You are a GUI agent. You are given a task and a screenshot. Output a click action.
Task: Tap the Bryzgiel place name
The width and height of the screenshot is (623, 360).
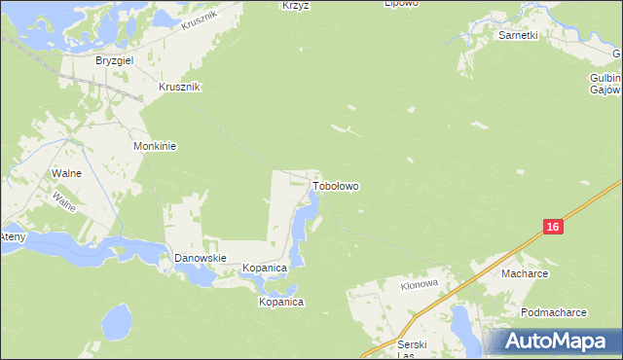point(114,60)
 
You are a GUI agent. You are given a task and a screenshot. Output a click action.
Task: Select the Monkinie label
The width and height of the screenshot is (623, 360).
point(154,146)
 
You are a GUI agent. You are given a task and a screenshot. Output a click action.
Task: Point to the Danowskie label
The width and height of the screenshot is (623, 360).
point(200,258)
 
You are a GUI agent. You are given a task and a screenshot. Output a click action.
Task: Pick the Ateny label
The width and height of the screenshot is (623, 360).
point(12,236)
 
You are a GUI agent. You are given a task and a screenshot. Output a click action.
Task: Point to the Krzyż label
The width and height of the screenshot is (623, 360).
point(294,5)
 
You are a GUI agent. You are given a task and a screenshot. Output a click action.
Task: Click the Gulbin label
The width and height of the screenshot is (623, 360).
point(605,76)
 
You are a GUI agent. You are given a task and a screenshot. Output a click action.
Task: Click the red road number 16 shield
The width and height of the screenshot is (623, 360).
point(552,227)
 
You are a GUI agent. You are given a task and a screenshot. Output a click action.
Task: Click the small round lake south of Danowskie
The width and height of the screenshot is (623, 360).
point(117,318)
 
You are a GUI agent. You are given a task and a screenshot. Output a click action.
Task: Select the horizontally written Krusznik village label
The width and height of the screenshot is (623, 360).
point(179,87)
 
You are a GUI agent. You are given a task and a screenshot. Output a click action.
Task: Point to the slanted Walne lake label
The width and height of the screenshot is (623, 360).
point(65,201)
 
